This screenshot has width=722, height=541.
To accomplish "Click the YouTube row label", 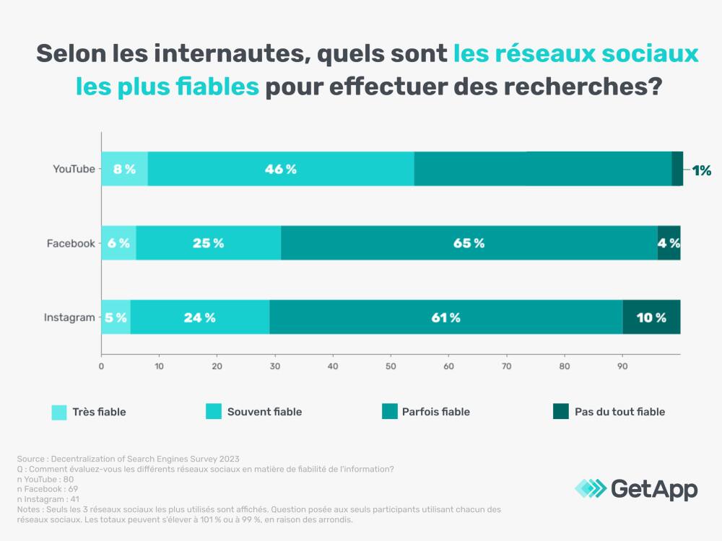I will pos(74,169).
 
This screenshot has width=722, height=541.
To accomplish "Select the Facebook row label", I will pos(71,243).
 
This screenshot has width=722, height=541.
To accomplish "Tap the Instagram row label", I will pos(69,317).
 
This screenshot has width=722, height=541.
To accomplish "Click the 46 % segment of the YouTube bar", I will pos(281,169).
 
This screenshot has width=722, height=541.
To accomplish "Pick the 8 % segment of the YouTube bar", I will pos(124,169).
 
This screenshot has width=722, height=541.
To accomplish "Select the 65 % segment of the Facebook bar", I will pos(469,243).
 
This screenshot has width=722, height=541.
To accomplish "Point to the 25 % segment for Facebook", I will pos(209,243).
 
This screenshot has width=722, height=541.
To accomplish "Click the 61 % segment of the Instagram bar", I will pos(445,317).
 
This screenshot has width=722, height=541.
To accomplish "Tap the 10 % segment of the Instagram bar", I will pos(651,317).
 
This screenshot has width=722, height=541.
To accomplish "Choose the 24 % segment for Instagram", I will pos(200,317).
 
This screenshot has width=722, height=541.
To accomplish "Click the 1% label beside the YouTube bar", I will pos(702,170).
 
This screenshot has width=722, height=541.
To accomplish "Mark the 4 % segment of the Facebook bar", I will pos(669,243).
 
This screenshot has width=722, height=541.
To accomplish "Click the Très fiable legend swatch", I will pos(59,412).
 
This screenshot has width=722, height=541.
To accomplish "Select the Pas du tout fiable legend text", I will pos(619,412).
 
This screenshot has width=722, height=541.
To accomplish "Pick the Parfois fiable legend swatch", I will pos(389,412).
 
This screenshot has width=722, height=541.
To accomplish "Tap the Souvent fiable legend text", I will pos(264,412).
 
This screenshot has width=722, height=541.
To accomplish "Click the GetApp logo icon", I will pos(590,488).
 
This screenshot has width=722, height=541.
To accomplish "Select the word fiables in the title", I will pos(218,87).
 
